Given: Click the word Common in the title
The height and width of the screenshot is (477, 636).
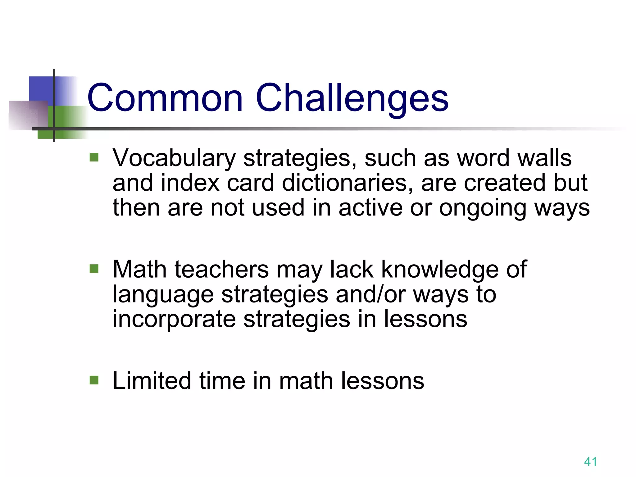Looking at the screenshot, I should (x=165, y=98).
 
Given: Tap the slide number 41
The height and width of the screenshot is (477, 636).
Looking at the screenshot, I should (x=590, y=461).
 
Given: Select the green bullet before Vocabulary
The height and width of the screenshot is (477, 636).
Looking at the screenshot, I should (x=94, y=157).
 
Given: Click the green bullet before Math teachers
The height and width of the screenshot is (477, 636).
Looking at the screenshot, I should (x=94, y=269).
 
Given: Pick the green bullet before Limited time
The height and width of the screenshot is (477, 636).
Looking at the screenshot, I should (x=94, y=380).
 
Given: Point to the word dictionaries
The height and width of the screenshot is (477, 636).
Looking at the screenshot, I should (x=348, y=183).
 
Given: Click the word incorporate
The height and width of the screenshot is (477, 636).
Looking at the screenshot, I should (x=174, y=319).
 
